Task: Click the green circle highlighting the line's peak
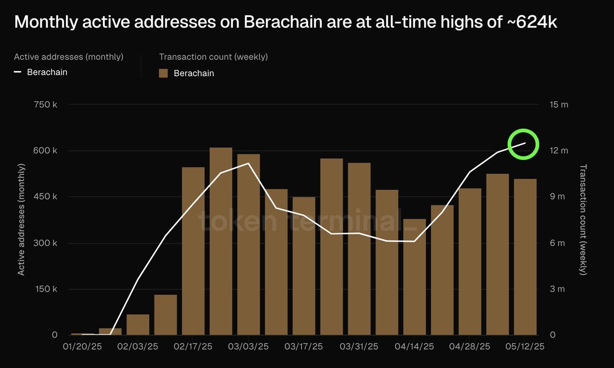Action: tap(523, 144)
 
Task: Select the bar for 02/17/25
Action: tap(193, 250)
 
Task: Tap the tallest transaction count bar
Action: tap(221, 241)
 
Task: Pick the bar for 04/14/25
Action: tap(414, 277)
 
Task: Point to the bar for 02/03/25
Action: tap(138, 325)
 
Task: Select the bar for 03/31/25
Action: tap(359, 248)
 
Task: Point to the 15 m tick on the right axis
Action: tap(559, 105)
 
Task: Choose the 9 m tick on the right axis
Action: tap(558, 197)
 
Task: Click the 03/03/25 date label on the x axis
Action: tap(248, 347)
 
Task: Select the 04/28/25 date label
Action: tap(469, 347)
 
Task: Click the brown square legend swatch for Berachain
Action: tap(164, 73)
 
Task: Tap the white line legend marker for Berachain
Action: tap(17, 72)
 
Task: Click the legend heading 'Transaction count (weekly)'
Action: tap(213, 57)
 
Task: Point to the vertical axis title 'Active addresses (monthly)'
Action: tap(21, 220)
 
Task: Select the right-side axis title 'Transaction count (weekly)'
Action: tap(583, 220)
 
